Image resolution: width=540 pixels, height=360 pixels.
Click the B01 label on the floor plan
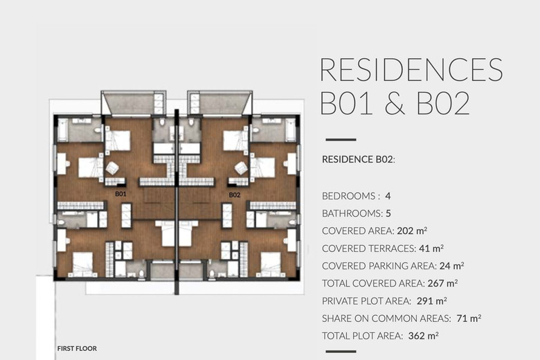point(120,194)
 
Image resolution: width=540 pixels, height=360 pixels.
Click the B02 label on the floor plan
point(235,195)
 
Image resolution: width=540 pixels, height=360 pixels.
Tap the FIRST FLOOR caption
point(77,348)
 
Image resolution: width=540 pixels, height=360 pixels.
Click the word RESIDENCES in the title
point(411,69)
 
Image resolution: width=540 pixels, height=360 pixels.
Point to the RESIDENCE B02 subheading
point(358,159)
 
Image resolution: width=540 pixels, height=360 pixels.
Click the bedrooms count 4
point(388,196)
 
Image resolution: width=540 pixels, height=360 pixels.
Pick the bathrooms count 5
point(388,214)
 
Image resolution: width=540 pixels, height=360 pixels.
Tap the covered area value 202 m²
point(412,231)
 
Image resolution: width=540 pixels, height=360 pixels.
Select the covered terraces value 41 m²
point(431,249)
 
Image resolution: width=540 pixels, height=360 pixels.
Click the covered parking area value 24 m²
point(451,266)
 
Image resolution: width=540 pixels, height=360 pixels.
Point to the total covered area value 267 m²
point(442,283)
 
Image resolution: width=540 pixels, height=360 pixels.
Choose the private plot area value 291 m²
point(432,301)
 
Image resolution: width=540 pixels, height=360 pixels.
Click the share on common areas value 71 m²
point(469,318)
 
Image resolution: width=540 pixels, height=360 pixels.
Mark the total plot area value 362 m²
point(423,336)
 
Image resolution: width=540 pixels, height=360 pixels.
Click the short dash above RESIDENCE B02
point(341,140)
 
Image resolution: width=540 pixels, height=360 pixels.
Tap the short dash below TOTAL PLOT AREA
point(341,352)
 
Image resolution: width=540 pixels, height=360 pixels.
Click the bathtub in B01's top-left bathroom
point(62,130)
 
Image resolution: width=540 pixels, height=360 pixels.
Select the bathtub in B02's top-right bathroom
point(291,130)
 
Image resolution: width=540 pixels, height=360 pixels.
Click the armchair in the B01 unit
point(112,168)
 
